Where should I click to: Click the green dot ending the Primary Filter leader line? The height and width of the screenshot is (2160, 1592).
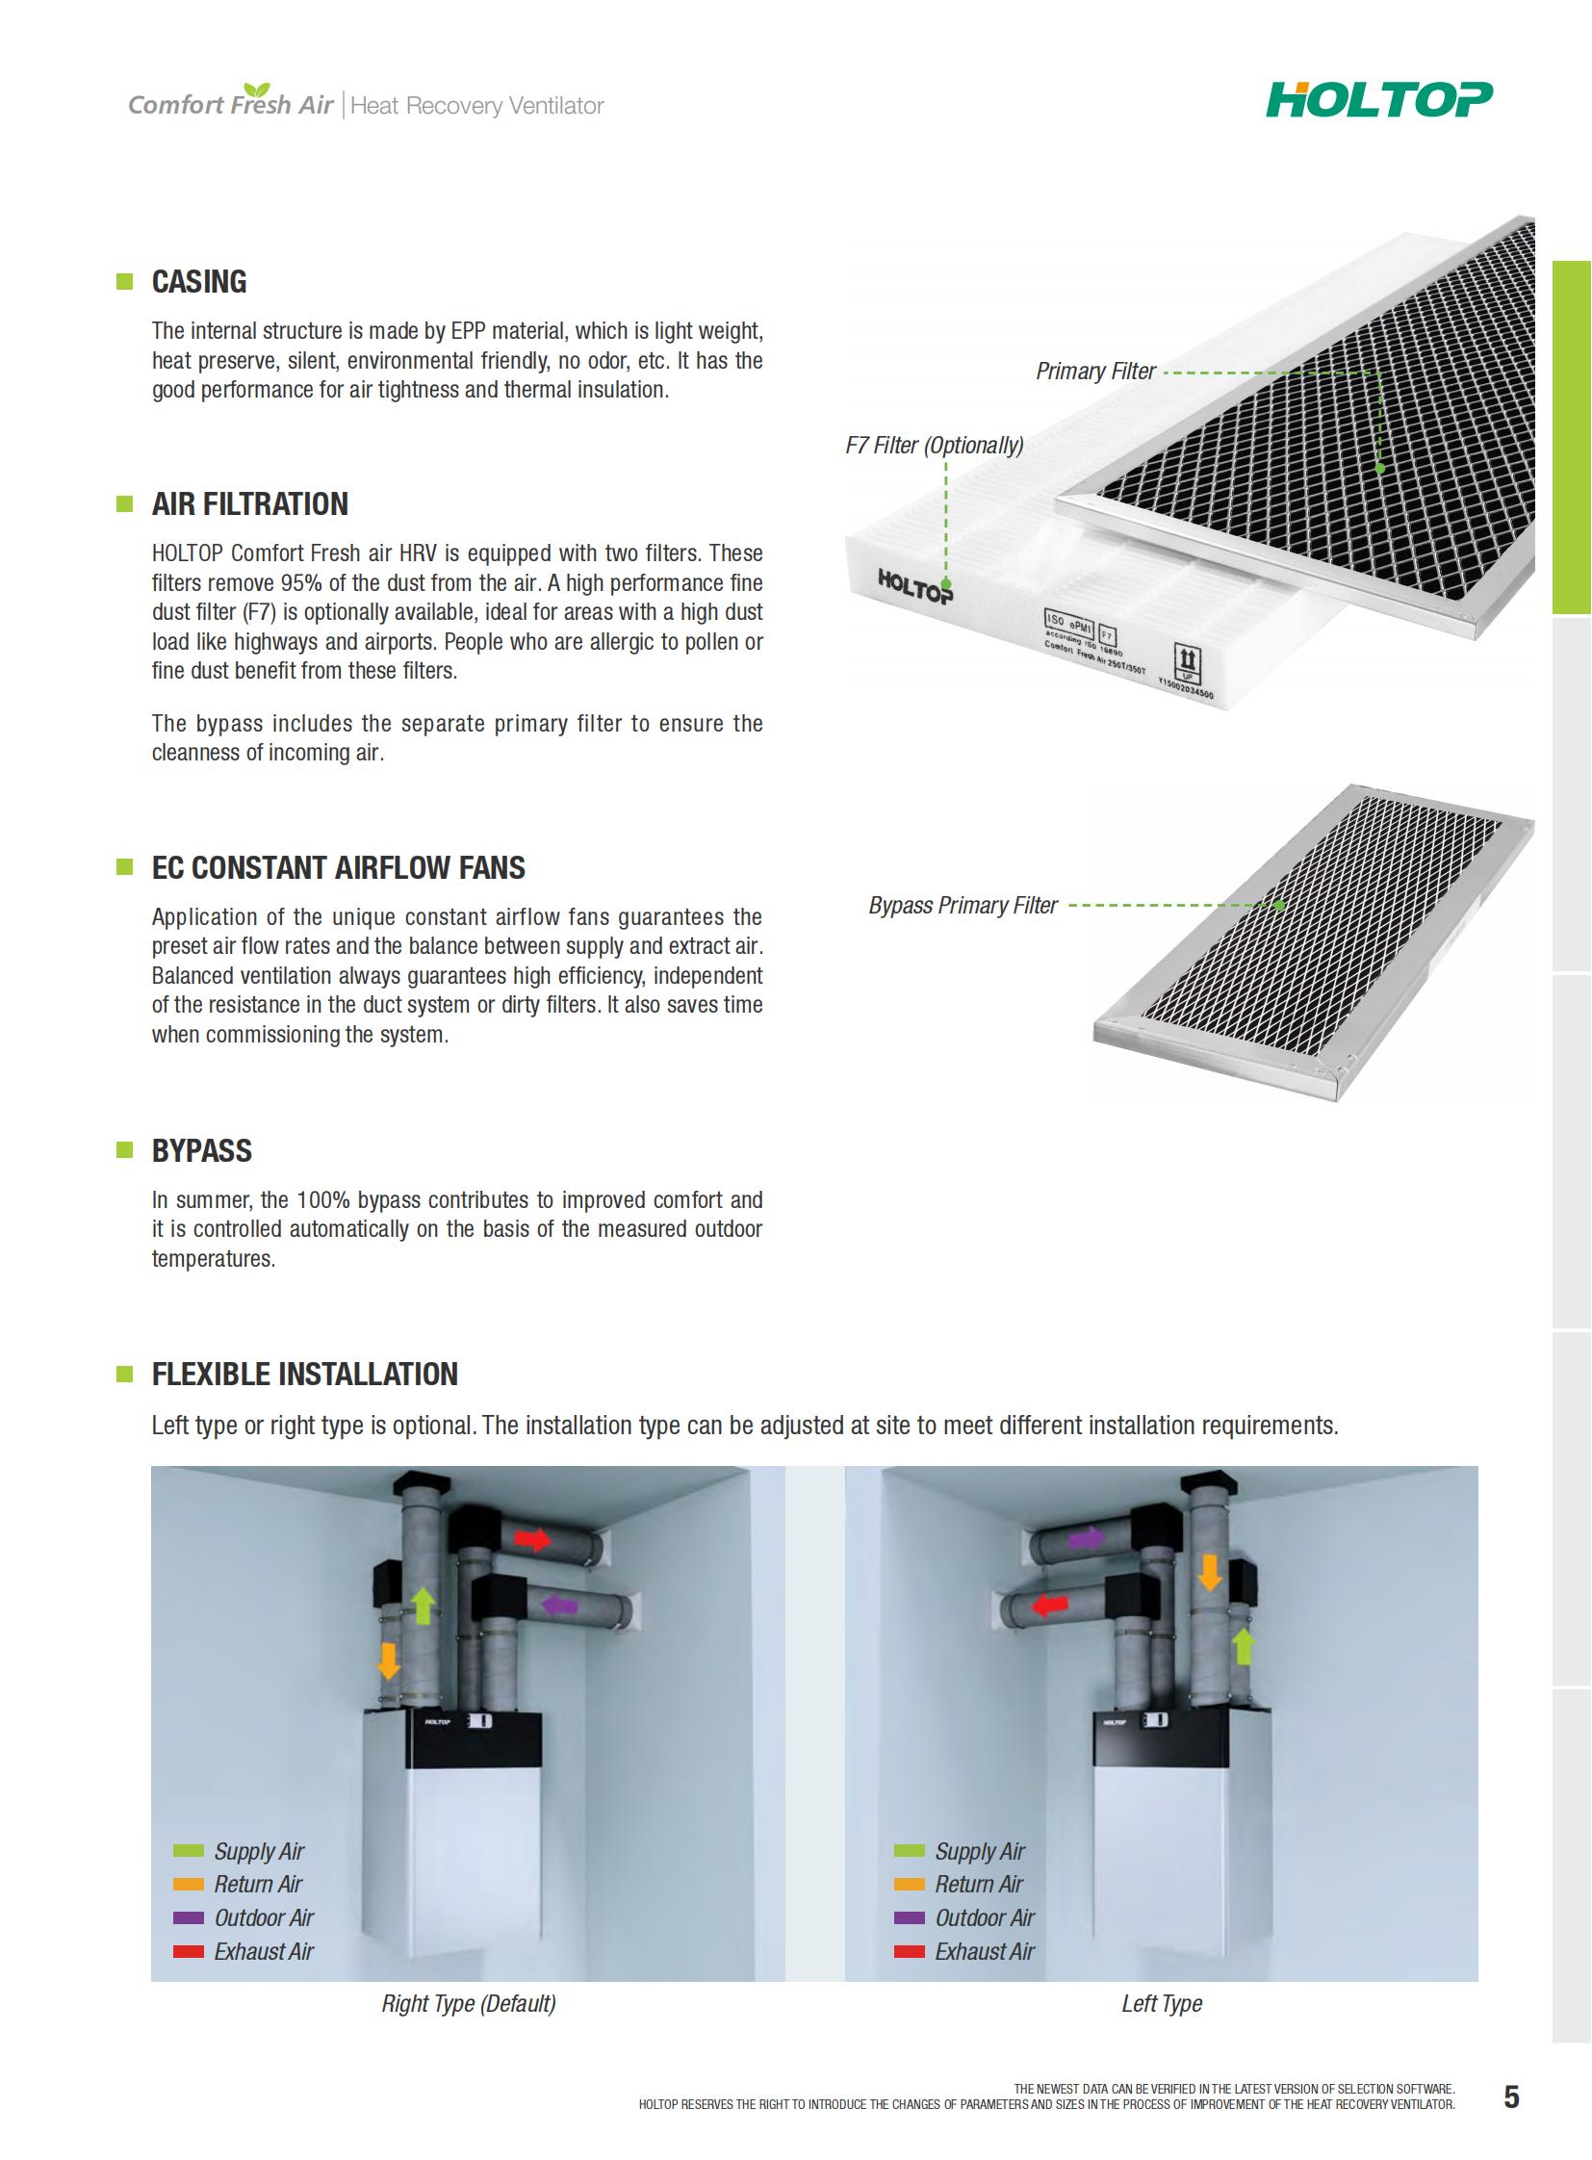pyautogui.click(x=1380, y=469)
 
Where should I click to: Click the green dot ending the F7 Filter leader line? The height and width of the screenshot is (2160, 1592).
pyautogui.click(x=946, y=584)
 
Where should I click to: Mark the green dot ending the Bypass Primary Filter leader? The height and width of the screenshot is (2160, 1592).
pyautogui.click(x=1280, y=905)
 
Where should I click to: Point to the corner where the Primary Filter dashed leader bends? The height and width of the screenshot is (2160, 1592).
pyautogui.click(x=1380, y=373)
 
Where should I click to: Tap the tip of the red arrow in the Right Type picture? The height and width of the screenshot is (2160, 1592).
pyautogui.click(x=551, y=1539)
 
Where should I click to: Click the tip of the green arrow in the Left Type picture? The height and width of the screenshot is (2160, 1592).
pyautogui.click(x=1245, y=1629)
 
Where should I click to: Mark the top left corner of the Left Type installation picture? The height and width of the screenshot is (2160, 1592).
pyautogui.click(x=845, y=1467)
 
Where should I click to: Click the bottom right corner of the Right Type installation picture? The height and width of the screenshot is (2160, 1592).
pyautogui.click(x=784, y=1982)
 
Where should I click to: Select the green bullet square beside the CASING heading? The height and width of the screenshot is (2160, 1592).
pyautogui.click(x=124, y=281)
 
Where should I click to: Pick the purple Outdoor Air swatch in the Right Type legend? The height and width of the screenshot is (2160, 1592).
pyautogui.click(x=189, y=1918)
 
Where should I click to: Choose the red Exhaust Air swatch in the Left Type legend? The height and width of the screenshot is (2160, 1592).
pyautogui.click(x=910, y=1952)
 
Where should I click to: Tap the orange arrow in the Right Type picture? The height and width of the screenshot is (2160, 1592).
pyautogui.click(x=388, y=1660)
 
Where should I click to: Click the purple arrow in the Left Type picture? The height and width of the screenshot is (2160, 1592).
pyautogui.click(x=1087, y=1538)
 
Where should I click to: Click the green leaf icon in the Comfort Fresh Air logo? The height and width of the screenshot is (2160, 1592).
pyautogui.click(x=257, y=90)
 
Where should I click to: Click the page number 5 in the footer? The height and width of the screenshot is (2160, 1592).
pyautogui.click(x=1511, y=2096)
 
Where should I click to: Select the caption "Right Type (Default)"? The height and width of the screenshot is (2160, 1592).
pyautogui.click(x=469, y=2004)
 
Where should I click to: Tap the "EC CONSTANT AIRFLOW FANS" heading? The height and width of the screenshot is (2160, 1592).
pyautogui.click(x=338, y=867)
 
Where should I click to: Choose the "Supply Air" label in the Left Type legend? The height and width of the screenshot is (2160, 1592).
pyautogui.click(x=980, y=1852)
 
